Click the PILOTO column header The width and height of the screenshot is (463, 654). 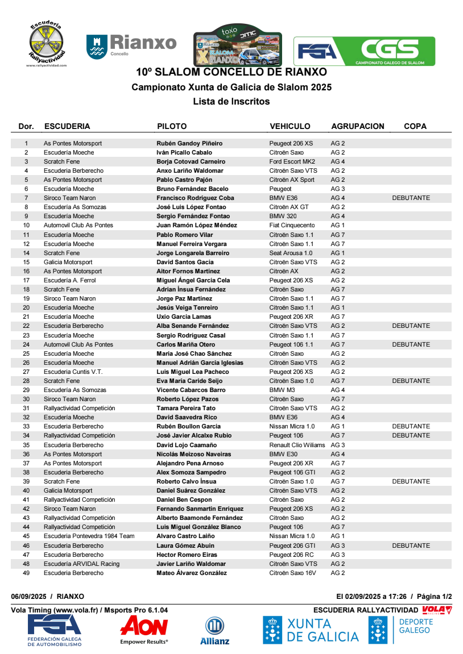point(172,126)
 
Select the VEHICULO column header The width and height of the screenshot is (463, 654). point(290,126)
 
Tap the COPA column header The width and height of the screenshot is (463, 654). point(415,126)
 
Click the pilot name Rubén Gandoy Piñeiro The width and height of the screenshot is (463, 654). point(189,143)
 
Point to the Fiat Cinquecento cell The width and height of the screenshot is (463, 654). point(292,225)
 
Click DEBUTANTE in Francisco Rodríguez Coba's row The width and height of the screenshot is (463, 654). point(411,198)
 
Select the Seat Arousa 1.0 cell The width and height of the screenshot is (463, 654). point(291,253)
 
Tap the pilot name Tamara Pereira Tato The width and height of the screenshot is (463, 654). point(186,408)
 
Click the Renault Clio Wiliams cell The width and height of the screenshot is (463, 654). point(297,445)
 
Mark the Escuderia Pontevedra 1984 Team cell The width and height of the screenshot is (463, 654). point(89,536)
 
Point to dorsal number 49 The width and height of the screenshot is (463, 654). point(26,573)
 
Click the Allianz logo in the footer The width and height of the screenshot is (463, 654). point(214,631)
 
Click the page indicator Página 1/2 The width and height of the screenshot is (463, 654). point(434,596)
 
